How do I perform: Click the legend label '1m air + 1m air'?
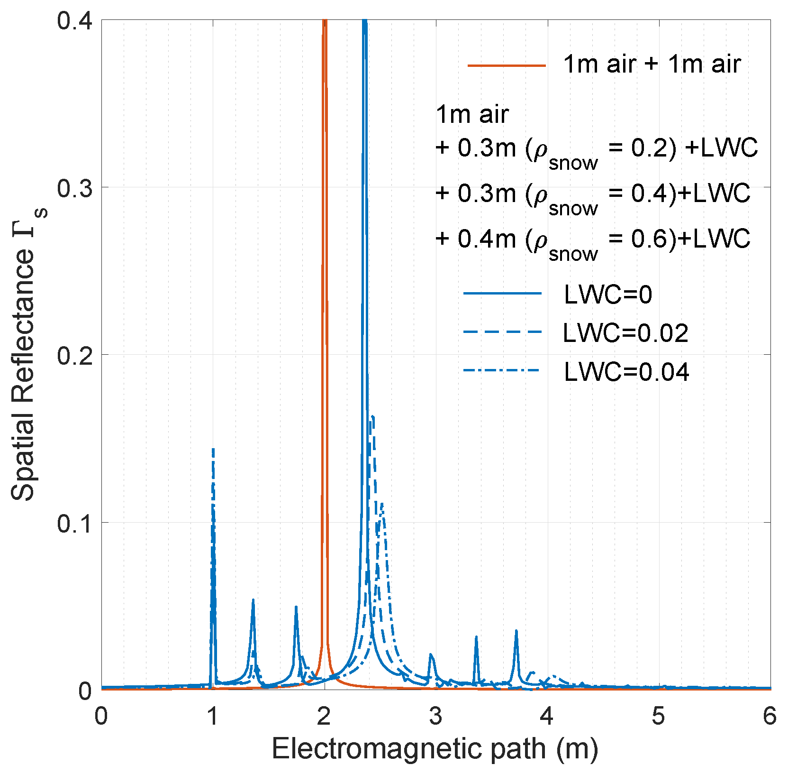pos(652,64)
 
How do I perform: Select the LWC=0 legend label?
pos(608,295)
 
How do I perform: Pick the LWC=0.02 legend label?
pos(625,333)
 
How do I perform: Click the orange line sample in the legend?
pos(507,65)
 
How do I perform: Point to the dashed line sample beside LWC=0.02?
pos(502,332)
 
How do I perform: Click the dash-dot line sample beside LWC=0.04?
pos(502,370)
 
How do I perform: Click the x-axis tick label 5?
pos(659,717)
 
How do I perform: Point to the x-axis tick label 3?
pos(436,717)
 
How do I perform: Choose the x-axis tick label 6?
pos(770,717)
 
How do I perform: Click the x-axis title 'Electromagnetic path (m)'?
pos(435,750)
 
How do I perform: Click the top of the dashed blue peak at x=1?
pos(213,449)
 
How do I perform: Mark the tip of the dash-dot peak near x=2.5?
pos(381,504)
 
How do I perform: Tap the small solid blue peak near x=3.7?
pos(516,631)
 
